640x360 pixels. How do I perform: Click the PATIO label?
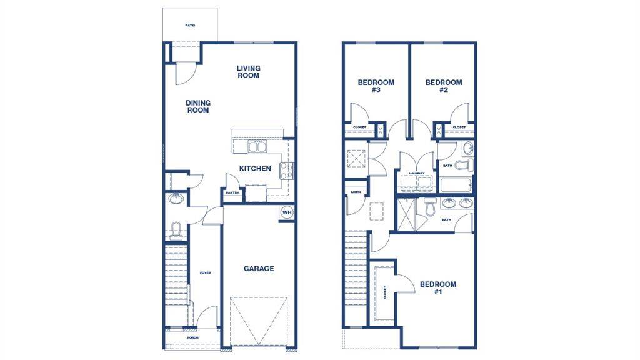click(x=190, y=26)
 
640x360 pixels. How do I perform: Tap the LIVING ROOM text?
click(x=248, y=72)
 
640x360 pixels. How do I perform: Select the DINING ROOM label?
click(x=197, y=106)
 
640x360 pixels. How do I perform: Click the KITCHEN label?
click(x=255, y=169)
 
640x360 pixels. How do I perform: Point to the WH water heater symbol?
click(x=287, y=212)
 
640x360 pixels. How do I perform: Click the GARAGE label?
click(x=258, y=269)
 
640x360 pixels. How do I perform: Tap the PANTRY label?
click(x=232, y=193)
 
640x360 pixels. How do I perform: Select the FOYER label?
click(x=205, y=273)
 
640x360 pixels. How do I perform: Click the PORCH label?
click(x=192, y=338)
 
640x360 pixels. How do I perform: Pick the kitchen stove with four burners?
click(x=286, y=170)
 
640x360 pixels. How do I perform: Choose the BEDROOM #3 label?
click(x=376, y=86)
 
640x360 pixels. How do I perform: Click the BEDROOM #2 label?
click(x=444, y=86)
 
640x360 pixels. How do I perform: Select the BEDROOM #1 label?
click(x=437, y=288)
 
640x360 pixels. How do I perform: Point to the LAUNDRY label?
click(x=417, y=173)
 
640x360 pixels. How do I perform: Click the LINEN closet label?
click(x=356, y=192)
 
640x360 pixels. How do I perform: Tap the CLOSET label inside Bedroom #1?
click(x=385, y=292)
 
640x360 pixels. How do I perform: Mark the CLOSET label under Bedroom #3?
click(x=360, y=127)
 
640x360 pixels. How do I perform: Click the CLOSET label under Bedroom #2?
click(x=459, y=127)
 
